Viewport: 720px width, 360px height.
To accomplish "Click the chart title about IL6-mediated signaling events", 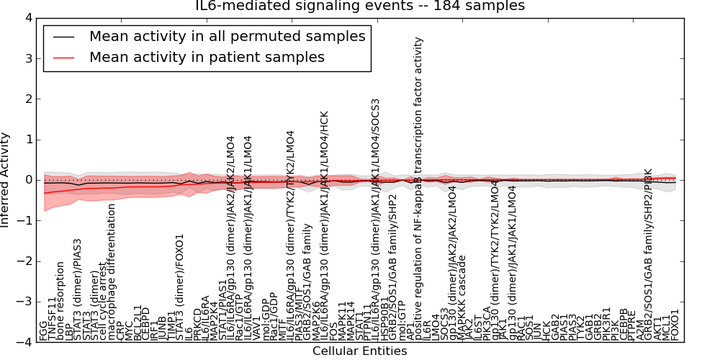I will (x=360, y=6).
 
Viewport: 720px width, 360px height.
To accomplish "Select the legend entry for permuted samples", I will (x=227, y=36).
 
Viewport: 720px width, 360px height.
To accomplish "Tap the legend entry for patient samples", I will (x=207, y=57).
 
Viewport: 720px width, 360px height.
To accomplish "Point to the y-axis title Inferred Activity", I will (x=6, y=180).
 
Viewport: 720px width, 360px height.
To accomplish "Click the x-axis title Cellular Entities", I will (x=359, y=351).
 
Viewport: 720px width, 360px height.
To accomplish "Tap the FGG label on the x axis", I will (x=43, y=330).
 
